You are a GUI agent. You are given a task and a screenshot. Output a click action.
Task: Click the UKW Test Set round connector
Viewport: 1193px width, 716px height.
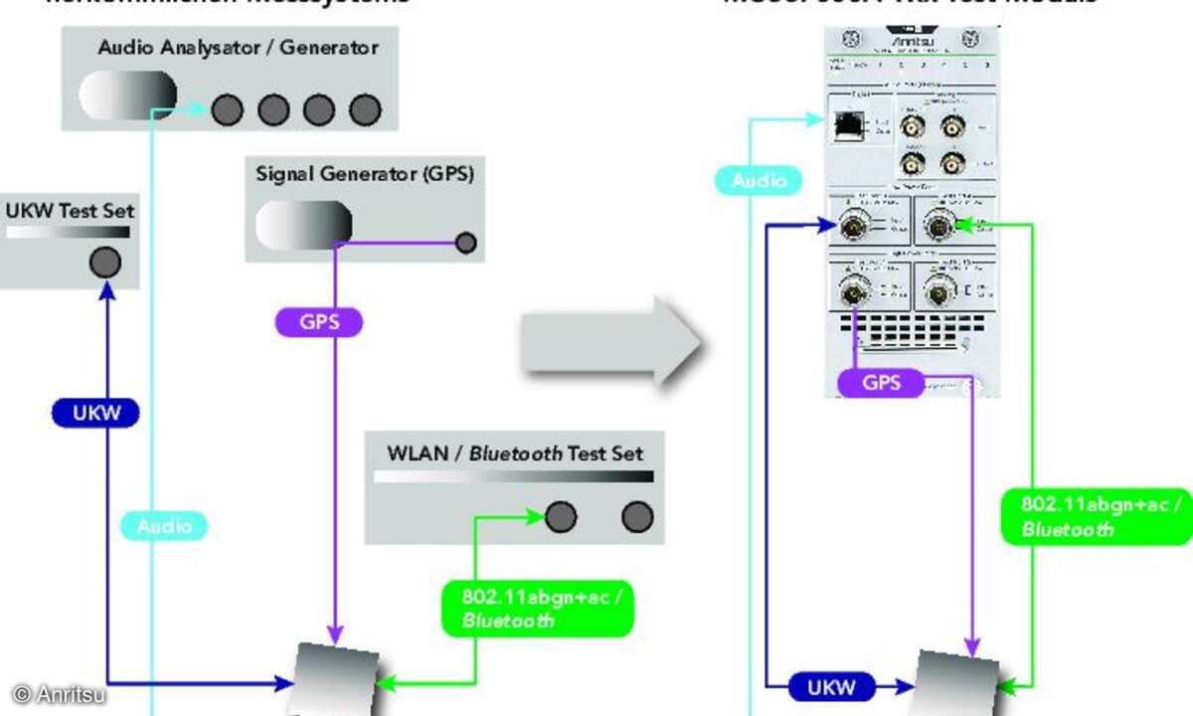click(104, 263)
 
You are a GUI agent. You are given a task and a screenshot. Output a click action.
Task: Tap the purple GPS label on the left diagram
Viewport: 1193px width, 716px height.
click(317, 322)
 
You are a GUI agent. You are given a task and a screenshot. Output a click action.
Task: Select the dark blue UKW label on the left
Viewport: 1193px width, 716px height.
click(94, 413)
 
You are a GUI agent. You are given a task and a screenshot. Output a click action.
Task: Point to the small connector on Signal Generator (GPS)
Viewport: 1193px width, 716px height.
click(464, 242)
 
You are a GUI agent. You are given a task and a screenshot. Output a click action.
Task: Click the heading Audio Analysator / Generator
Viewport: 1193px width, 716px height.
click(238, 47)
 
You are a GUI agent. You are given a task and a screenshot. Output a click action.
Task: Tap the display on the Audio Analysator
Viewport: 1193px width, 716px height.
click(127, 95)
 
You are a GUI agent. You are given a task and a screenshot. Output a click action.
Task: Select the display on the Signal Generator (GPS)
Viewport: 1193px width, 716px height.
click(303, 225)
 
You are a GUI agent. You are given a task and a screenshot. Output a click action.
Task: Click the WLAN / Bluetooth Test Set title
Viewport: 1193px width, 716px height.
click(514, 453)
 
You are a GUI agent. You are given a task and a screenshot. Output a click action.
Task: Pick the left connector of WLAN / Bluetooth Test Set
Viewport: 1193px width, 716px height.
click(560, 516)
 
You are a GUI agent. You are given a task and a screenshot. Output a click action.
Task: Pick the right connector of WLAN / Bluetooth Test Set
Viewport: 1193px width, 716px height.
click(636, 516)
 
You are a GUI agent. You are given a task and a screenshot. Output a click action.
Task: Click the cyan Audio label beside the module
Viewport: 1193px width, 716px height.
click(759, 181)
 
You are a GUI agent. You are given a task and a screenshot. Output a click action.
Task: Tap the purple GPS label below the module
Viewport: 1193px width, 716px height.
click(882, 383)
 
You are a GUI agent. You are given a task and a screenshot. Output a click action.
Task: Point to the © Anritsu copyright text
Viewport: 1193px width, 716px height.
click(58, 694)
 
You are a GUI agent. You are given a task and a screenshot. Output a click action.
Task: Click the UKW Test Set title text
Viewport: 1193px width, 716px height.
click(70, 210)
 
